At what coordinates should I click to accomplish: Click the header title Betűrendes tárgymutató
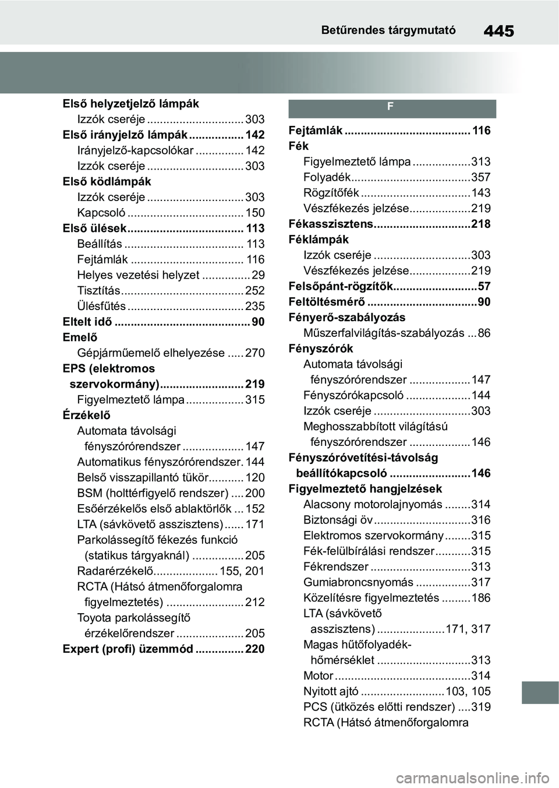click(388, 30)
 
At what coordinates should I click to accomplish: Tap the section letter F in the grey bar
click(391, 107)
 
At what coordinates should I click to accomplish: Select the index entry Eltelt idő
click(87, 322)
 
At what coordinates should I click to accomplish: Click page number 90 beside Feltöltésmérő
click(484, 302)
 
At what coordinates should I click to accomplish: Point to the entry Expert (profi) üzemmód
click(128, 649)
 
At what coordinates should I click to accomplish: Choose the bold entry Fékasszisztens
click(331, 224)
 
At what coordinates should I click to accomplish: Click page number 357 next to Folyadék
click(481, 177)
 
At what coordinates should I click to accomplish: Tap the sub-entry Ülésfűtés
click(101, 306)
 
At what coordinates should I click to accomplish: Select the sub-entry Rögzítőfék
click(331, 193)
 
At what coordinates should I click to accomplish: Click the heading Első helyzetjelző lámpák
click(131, 104)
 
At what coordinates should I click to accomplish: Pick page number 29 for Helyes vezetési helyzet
click(258, 275)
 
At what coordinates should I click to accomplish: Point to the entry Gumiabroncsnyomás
click(358, 582)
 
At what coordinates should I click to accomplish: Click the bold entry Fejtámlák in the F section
click(316, 131)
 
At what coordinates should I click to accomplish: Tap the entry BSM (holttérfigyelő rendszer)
click(153, 493)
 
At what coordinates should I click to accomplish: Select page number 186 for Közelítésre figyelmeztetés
click(481, 598)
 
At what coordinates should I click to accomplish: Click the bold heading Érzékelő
click(86, 415)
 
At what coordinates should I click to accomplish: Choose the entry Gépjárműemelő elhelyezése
click(151, 353)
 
